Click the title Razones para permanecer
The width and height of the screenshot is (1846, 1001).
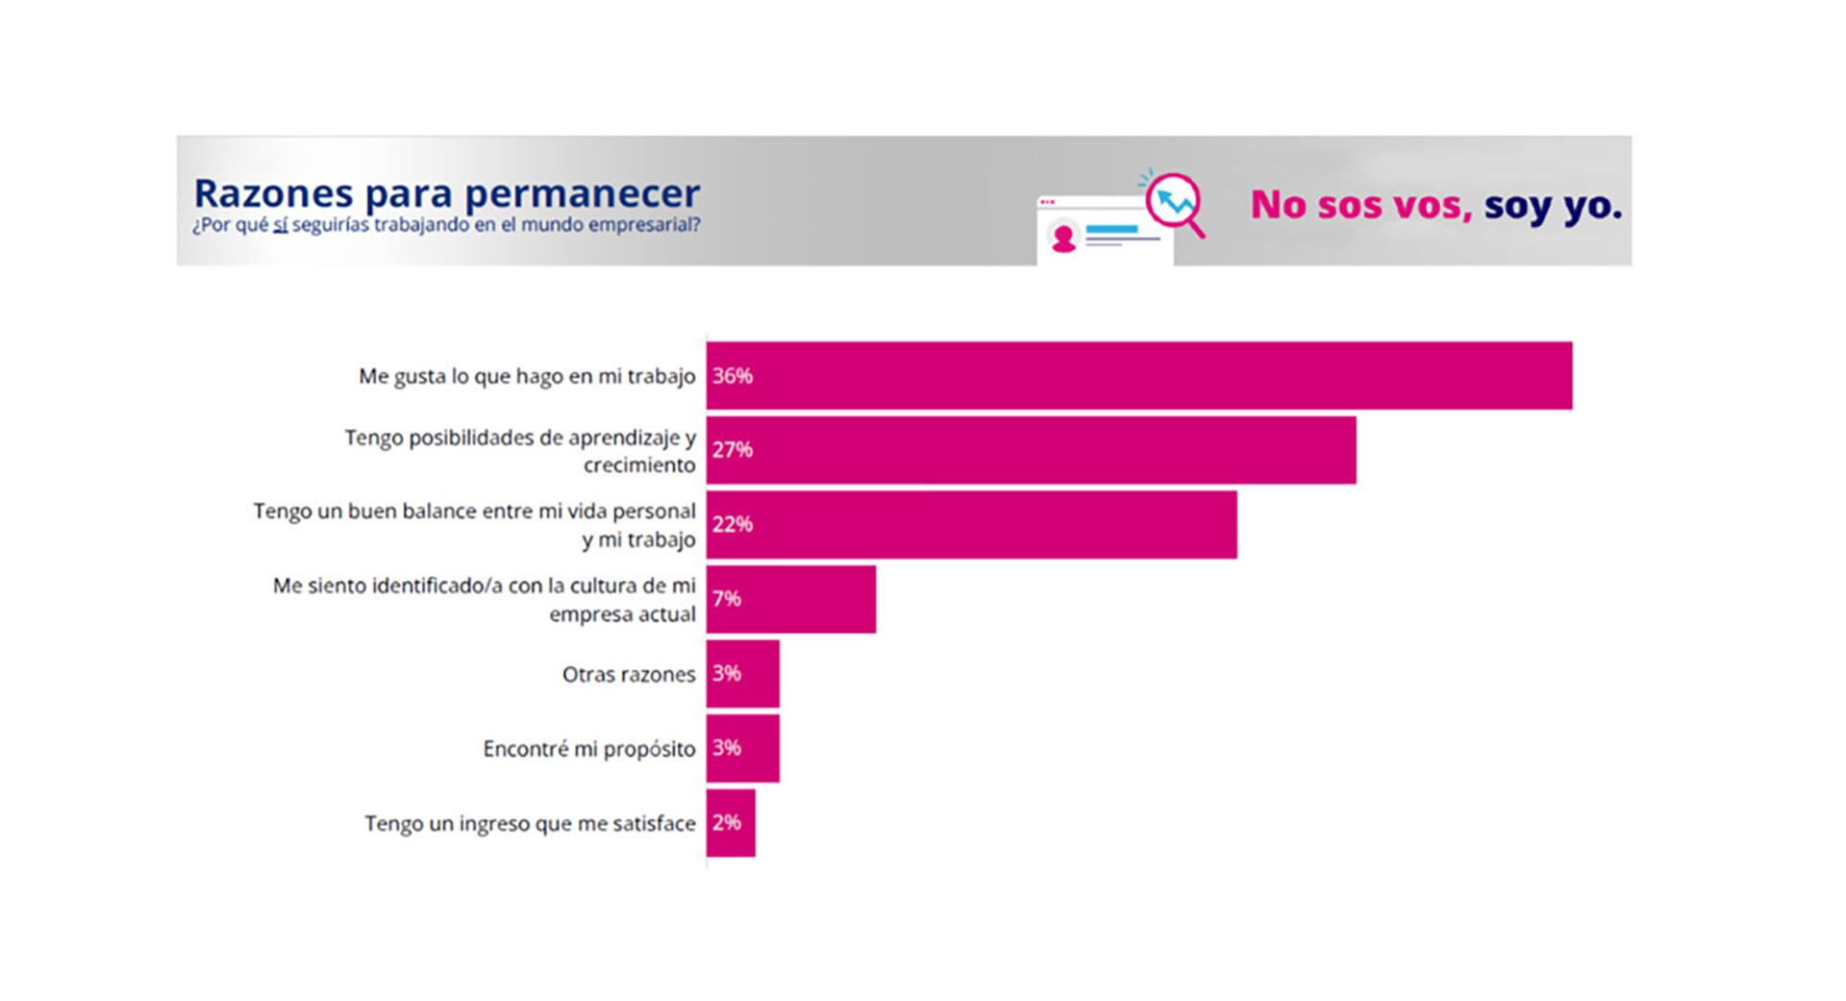[x=446, y=192]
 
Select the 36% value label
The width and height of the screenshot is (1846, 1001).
[x=732, y=376]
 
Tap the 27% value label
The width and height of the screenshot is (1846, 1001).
[x=732, y=450]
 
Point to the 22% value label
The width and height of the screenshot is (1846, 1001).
[x=732, y=524]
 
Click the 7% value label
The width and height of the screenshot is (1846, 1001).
[x=726, y=599]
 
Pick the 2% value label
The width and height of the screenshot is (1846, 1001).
[x=726, y=823]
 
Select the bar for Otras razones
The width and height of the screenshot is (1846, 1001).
[x=742, y=673]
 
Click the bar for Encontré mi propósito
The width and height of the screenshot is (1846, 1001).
[x=742, y=748]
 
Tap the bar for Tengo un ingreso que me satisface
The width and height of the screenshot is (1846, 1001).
[x=731, y=823]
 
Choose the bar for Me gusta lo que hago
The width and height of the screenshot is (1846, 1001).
[x=1139, y=376]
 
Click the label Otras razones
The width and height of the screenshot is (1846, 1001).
[x=628, y=675]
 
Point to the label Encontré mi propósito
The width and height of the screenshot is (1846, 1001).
[x=588, y=749]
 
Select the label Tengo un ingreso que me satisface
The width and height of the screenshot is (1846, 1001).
[x=530, y=824]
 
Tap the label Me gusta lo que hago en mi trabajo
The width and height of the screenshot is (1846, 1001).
[x=527, y=376]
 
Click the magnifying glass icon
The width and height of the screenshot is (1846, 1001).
[x=1175, y=202]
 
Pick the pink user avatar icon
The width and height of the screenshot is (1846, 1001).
[x=1063, y=238]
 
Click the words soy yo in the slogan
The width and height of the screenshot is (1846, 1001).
[x=1552, y=205]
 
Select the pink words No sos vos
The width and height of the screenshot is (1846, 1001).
[x=1360, y=205]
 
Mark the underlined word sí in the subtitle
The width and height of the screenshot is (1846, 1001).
[x=281, y=226]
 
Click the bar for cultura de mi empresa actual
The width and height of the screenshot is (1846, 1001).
[x=790, y=599]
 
